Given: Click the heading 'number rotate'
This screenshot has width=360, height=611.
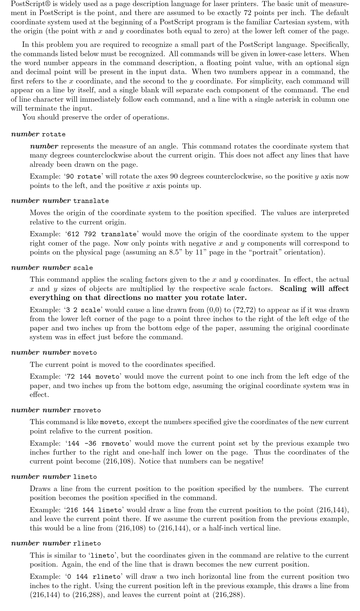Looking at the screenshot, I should (x=38, y=134).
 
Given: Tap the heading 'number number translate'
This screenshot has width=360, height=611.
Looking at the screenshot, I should (x=60, y=201).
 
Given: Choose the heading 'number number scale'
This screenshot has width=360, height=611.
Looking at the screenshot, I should (x=52, y=268).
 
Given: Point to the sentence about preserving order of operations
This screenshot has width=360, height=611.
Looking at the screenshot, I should (x=96, y=117).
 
